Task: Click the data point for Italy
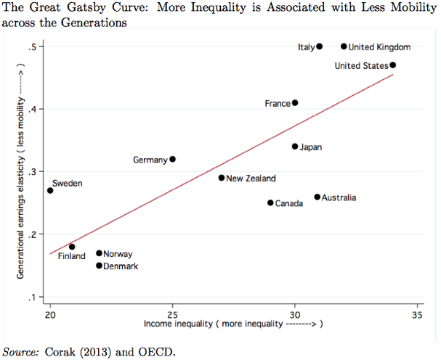click(320, 46)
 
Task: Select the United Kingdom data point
click(344, 46)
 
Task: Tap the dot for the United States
click(393, 65)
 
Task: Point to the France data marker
click(295, 103)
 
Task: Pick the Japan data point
click(295, 147)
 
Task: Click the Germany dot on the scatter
click(173, 159)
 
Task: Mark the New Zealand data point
click(222, 178)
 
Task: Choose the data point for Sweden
click(50, 191)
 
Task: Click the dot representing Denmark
click(99, 266)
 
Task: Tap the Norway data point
click(99, 253)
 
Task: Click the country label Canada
click(289, 203)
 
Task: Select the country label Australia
click(339, 197)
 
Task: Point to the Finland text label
click(71, 256)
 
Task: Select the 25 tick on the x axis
click(172, 315)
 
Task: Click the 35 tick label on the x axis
click(417, 315)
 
